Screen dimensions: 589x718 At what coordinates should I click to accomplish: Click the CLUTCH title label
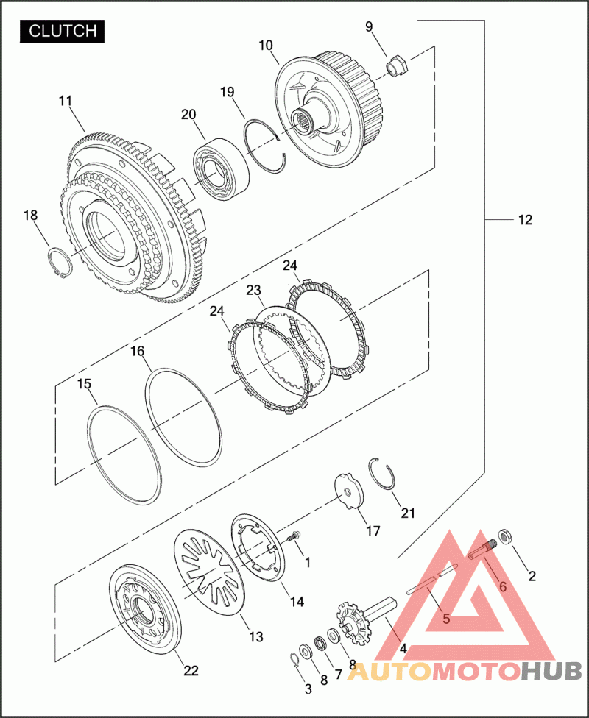click(63, 31)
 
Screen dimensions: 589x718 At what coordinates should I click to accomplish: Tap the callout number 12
click(525, 220)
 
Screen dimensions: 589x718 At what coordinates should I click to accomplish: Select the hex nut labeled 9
click(398, 66)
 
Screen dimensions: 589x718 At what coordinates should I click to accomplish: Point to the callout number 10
click(266, 46)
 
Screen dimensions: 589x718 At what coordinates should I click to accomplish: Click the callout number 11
click(66, 102)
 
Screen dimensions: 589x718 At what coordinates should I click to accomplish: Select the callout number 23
click(253, 291)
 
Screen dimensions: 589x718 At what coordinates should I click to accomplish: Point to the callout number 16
click(137, 351)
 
